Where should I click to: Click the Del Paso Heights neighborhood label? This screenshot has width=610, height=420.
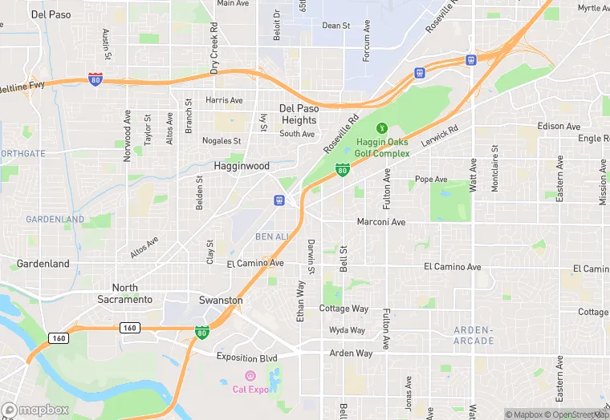(299, 114)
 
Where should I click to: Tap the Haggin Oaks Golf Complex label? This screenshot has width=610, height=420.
(382, 148)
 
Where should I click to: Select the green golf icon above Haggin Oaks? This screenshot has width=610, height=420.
(382, 127)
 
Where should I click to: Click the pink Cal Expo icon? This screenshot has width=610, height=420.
(250, 376)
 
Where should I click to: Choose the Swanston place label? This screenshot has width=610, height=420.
(221, 300)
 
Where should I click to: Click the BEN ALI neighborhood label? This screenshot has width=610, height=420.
(272, 236)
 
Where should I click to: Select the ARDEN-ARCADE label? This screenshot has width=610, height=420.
(474, 335)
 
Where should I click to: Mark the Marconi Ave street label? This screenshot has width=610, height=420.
(381, 222)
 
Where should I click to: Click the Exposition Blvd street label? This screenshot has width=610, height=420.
(246, 358)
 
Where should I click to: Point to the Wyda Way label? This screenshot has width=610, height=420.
(347, 330)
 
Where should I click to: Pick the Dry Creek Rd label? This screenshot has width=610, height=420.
(214, 47)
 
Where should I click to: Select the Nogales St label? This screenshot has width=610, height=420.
(222, 141)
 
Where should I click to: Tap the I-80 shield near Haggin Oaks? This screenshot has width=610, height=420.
(343, 169)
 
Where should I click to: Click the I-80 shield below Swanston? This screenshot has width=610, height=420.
(201, 332)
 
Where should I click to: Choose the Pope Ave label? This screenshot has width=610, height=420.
(431, 179)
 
